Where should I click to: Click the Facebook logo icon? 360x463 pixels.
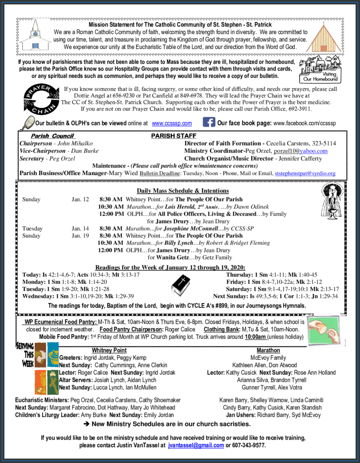209,122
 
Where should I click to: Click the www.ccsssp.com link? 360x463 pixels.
172,123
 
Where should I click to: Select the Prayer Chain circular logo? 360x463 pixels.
42,98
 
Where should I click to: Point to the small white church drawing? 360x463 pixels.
34,36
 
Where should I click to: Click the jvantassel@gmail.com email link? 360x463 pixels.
196,445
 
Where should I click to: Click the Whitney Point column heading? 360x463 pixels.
109,350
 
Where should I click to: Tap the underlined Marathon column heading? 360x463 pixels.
268,350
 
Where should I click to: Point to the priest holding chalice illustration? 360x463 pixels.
332,201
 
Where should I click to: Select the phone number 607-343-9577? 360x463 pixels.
249,445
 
